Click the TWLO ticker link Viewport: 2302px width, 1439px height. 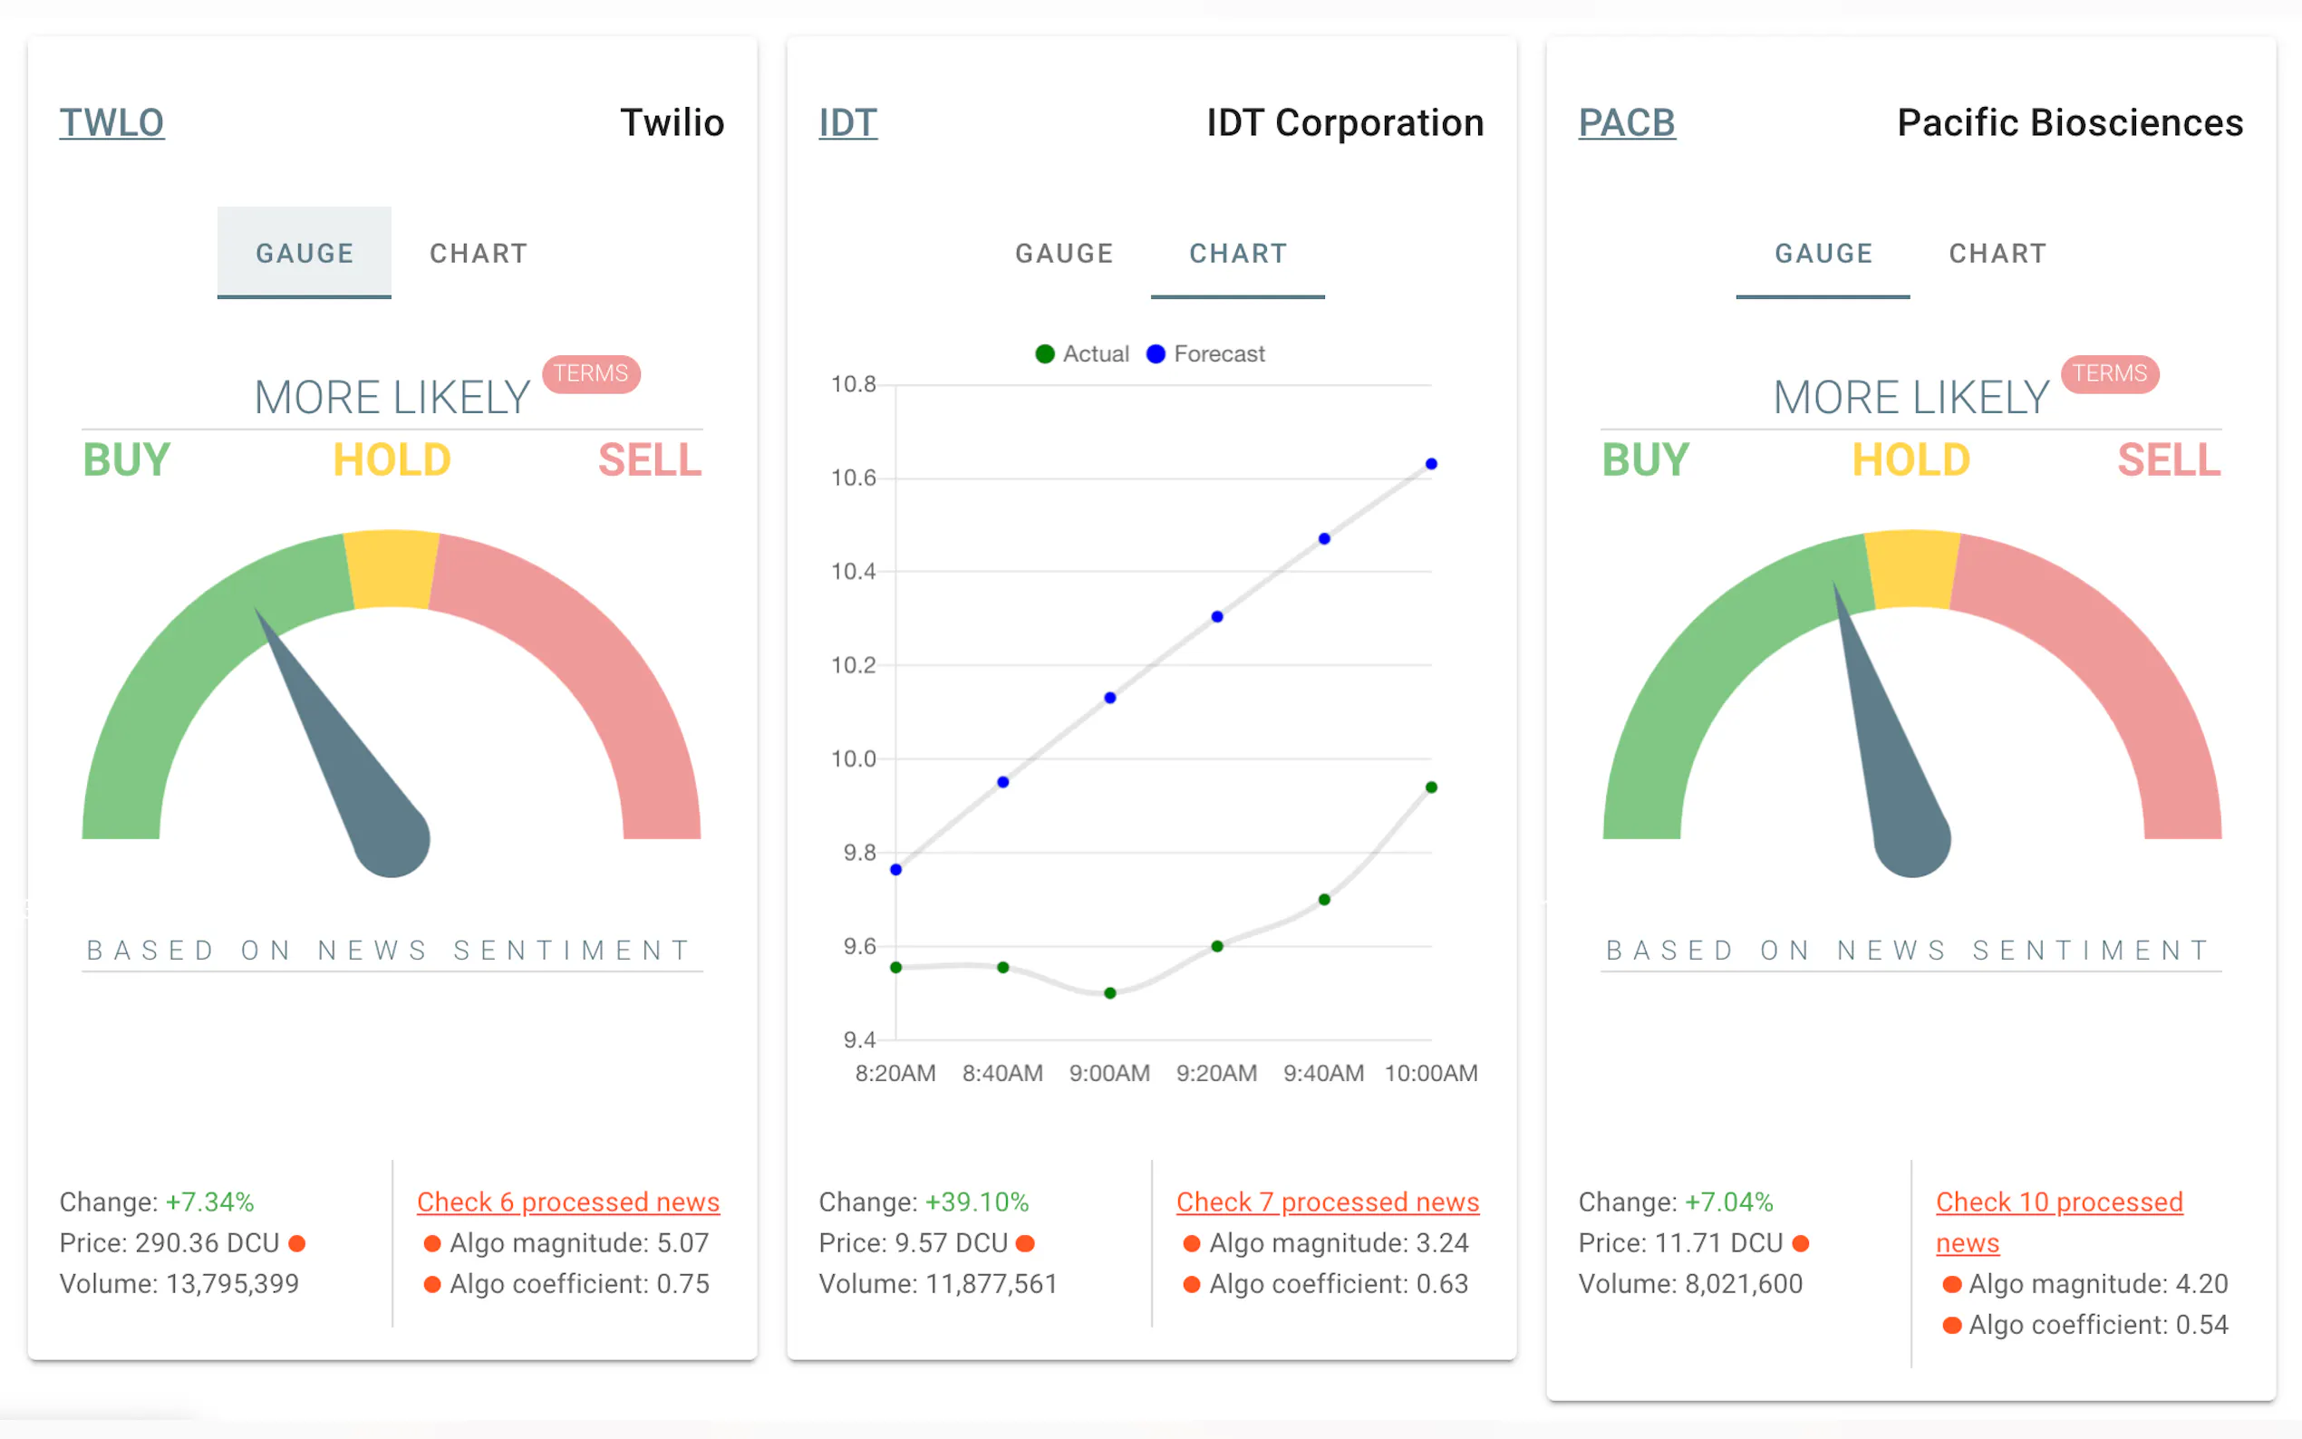click(x=111, y=122)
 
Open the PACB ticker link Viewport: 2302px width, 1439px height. click(x=1625, y=122)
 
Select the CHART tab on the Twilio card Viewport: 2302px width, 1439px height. click(x=478, y=253)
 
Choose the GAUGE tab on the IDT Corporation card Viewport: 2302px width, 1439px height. click(x=1064, y=253)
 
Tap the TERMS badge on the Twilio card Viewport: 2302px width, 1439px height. click(x=591, y=373)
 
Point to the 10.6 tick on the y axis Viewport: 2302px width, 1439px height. click(x=853, y=478)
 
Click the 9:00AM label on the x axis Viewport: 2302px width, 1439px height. click(x=1108, y=1074)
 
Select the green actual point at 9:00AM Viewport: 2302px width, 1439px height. click(x=1109, y=992)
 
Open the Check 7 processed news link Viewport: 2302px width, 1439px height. click(x=1327, y=1202)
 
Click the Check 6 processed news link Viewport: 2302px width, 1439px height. click(x=567, y=1202)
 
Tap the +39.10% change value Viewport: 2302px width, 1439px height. click(x=976, y=1202)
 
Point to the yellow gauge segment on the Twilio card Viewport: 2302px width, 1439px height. click(x=392, y=569)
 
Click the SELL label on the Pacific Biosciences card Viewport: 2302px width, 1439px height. click(x=2168, y=460)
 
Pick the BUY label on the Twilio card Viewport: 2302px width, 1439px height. click(x=127, y=460)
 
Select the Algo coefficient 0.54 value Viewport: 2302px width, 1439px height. click(x=2097, y=1325)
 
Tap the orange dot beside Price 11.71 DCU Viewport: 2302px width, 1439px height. click(x=1800, y=1243)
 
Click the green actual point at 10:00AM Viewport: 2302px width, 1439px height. click(x=1430, y=787)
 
